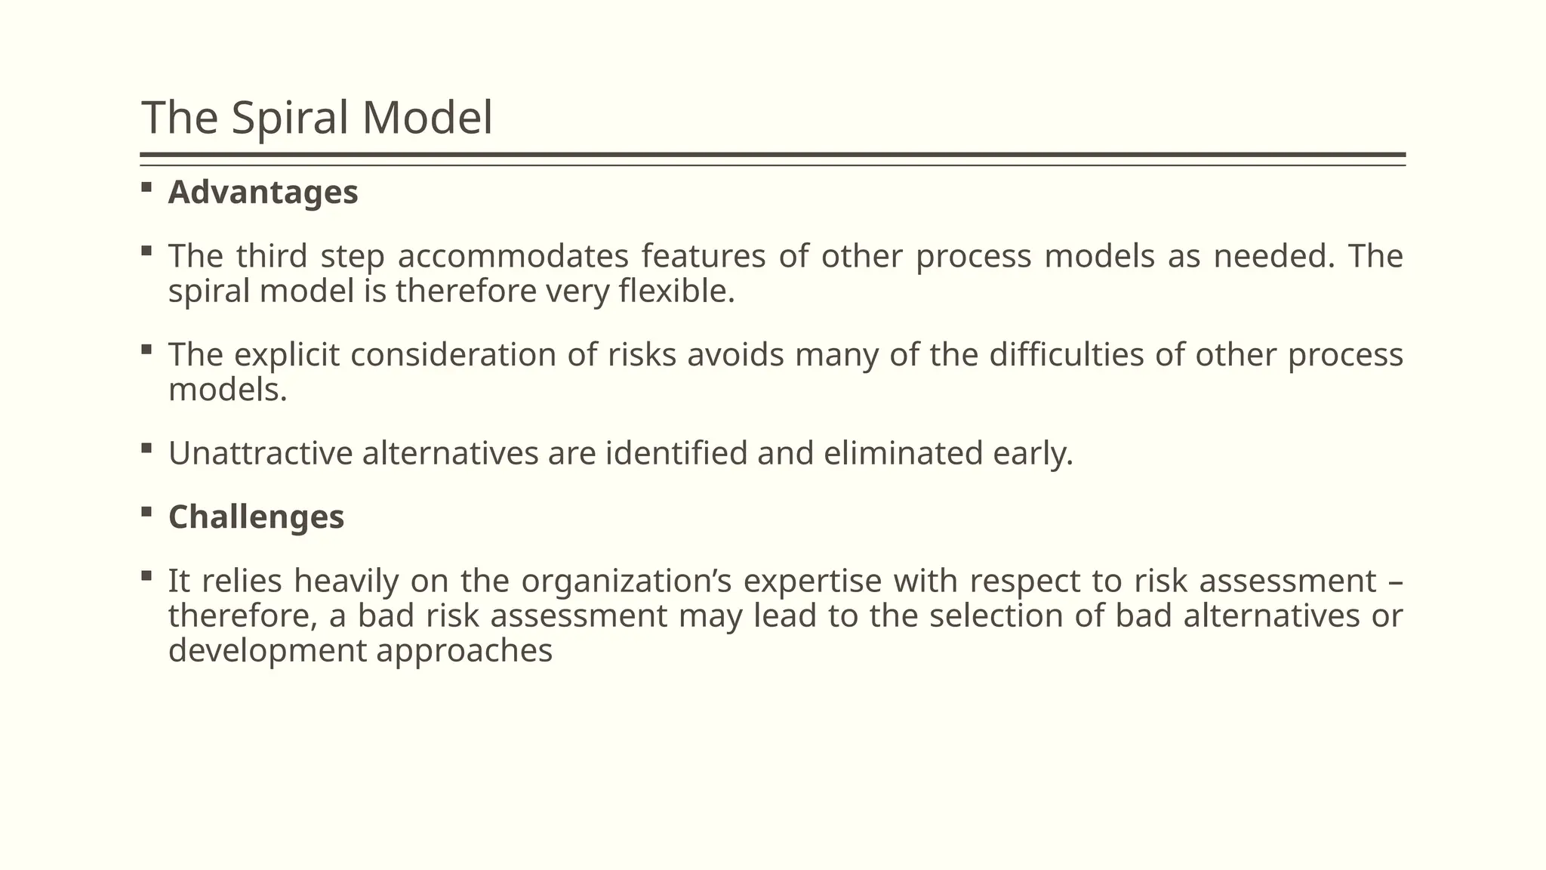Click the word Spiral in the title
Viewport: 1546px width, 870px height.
290,118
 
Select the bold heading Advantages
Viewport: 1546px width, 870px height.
263,192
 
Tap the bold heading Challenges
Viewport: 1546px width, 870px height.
256,517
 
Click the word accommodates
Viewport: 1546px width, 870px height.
513,256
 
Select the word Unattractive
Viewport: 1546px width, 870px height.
260,453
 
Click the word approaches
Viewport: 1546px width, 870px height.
464,651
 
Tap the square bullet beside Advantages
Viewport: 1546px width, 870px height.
146,187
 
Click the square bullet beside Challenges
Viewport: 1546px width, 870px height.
146,511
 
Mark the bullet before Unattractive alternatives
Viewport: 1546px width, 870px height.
146,448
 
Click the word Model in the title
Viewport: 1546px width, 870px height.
427,118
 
